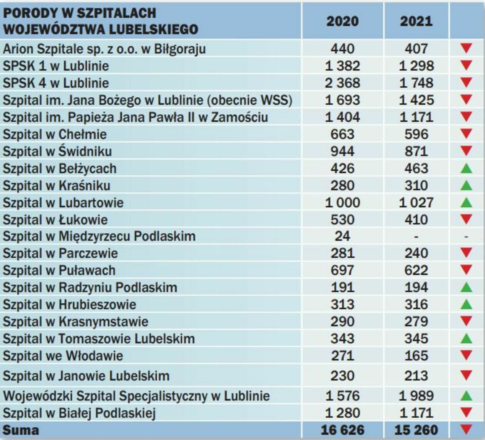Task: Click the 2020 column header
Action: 342,21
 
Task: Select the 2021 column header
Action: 416,21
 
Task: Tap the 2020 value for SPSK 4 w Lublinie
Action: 342,83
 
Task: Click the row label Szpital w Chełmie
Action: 55,134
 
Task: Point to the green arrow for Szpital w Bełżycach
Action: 466,168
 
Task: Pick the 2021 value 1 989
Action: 416,395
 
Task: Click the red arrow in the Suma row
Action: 466,430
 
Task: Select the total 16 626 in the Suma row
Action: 342,430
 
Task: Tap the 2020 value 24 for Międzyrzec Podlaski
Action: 342,236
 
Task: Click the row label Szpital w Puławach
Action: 59,270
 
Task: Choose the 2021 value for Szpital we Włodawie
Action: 416,356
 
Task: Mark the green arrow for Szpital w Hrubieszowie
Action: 466,304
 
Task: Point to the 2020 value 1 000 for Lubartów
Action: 342,202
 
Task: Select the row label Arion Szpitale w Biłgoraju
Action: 104,49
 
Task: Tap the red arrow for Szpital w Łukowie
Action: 466,219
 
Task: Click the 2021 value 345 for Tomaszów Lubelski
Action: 416,338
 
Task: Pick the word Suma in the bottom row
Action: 21,430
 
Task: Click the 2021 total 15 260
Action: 416,430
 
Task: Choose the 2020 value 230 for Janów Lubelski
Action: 342,375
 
